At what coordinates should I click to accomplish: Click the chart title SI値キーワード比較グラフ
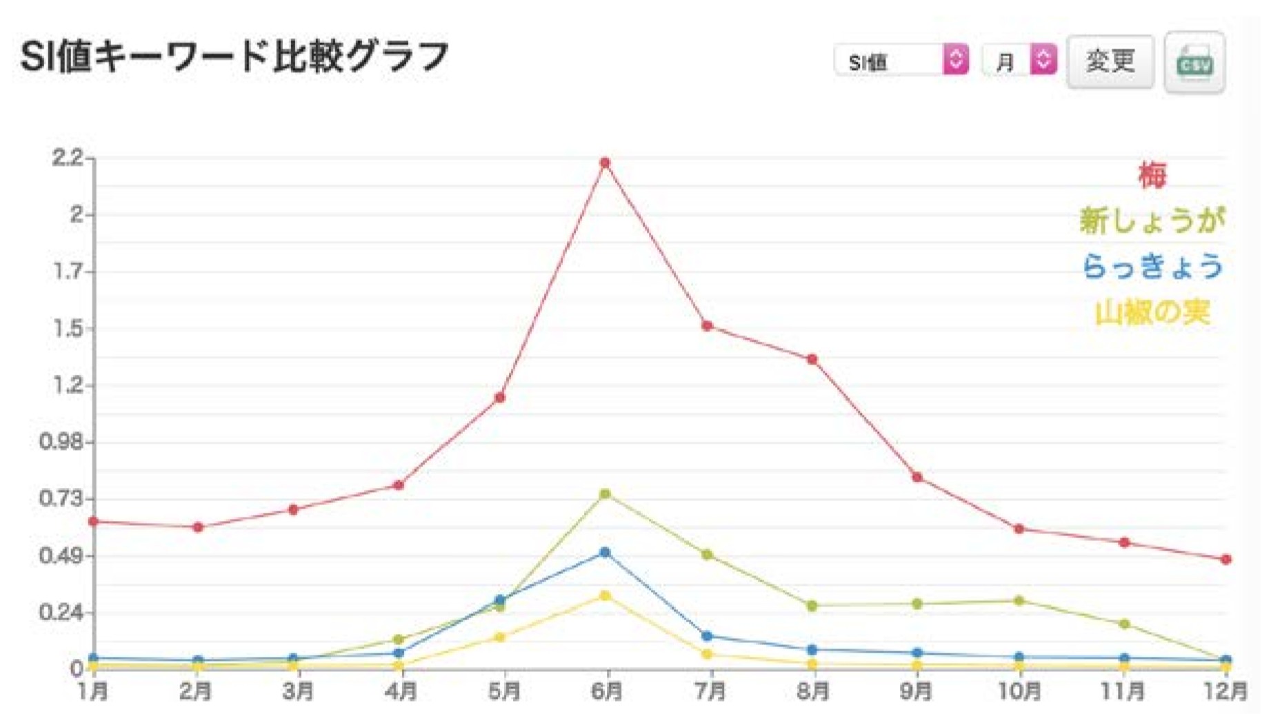(234, 57)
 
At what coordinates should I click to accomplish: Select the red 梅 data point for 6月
(605, 163)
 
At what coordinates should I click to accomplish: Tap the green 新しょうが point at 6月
(605, 494)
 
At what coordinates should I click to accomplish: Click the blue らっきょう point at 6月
(605, 553)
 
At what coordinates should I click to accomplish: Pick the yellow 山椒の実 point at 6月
(605, 595)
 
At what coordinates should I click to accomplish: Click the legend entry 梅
(1152, 175)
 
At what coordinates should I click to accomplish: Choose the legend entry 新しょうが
(1152, 221)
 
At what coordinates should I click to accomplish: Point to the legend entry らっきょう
(1152, 267)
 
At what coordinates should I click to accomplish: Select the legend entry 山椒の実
(1152, 313)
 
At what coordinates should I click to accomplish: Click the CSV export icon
(1194, 63)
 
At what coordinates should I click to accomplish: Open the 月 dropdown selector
(1019, 61)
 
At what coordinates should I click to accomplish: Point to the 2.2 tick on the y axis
(67, 158)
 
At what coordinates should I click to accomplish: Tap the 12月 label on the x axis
(1225, 691)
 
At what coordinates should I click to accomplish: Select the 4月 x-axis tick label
(400, 691)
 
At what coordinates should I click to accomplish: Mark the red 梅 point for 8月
(812, 360)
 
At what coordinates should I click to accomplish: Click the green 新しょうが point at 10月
(1019, 601)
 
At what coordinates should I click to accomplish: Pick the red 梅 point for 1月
(94, 522)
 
